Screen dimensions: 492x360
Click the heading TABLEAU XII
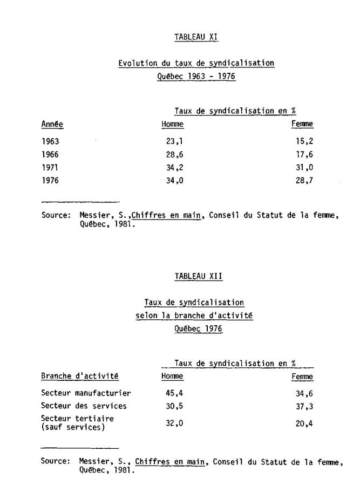pyautogui.click(x=198, y=276)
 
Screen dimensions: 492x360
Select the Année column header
pyautogui.click(x=52, y=125)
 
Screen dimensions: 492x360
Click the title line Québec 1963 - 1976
pyautogui.click(x=196, y=77)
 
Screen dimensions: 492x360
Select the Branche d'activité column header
pyautogui.click(x=79, y=376)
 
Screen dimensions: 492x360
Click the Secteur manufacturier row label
pyautogui.click(x=86, y=393)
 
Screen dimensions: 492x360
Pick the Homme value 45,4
pyautogui.click(x=174, y=393)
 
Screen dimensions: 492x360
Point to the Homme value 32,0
pyautogui.click(x=174, y=423)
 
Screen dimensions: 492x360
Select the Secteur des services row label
pyautogui.click(x=84, y=406)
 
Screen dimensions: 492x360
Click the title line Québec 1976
pyautogui.click(x=198, y=329)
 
